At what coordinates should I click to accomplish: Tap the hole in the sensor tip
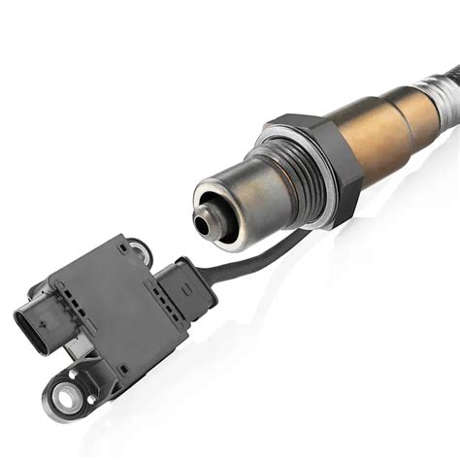pyautogui.click(x=203, y=224)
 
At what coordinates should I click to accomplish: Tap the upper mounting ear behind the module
pyautogui.click(x=141, y=250)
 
